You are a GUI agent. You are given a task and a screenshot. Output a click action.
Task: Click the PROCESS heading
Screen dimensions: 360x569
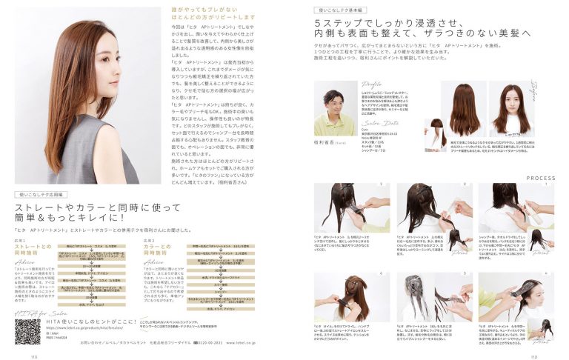coord(541,178)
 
